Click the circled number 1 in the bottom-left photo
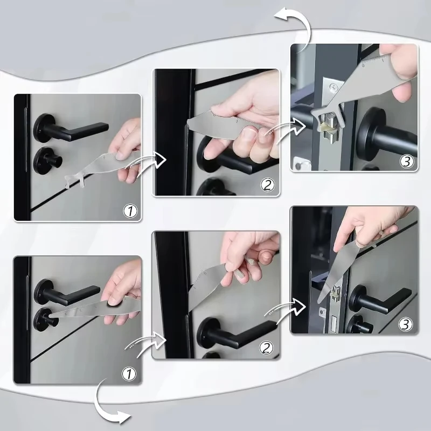(x=130, y=372)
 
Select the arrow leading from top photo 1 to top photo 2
(x=151, y=160)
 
